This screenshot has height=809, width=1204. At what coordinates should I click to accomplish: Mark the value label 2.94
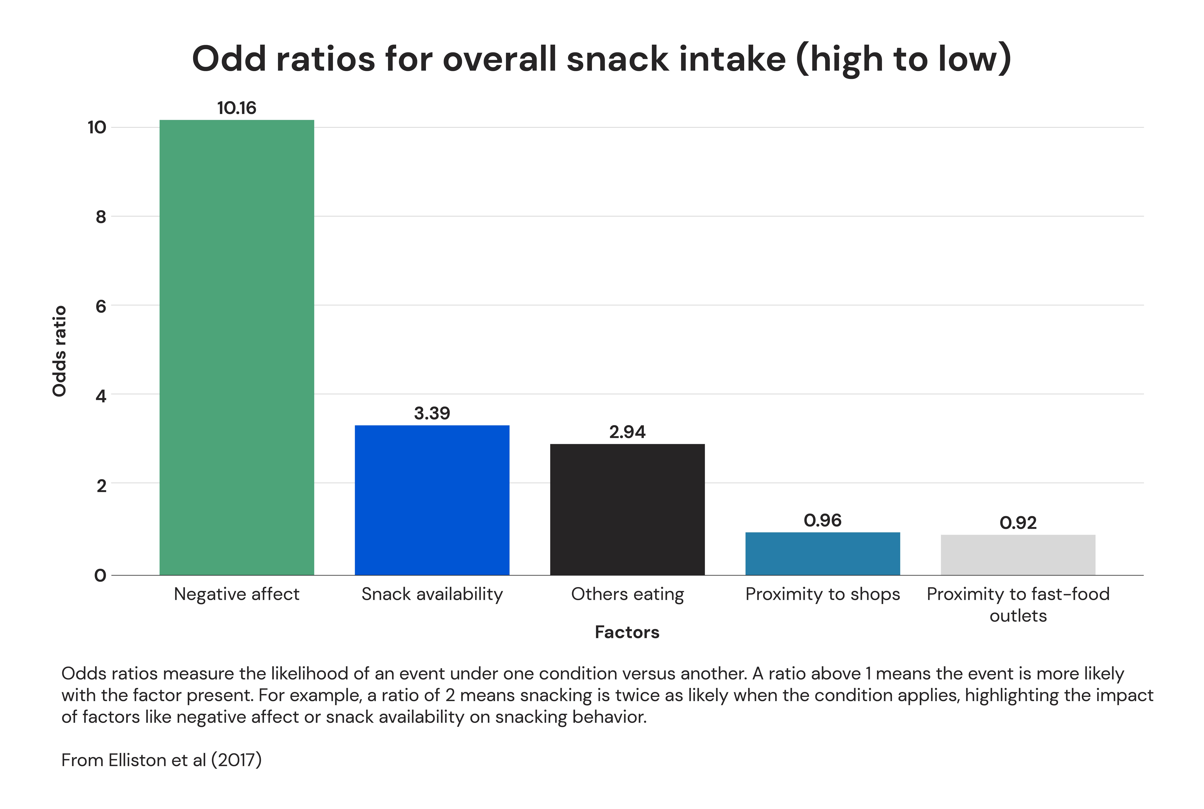(x=627, y=432)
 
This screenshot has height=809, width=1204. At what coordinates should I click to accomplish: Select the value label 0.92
(x=1018, y=523)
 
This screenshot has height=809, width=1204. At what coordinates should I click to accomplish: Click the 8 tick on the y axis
(x=101, y=217)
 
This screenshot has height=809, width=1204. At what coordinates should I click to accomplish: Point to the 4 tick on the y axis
(x=101, y=396)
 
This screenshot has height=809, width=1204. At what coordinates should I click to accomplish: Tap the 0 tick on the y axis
(x=101, y=575)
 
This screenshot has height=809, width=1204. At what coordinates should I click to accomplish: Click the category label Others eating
(x=627, y=594)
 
